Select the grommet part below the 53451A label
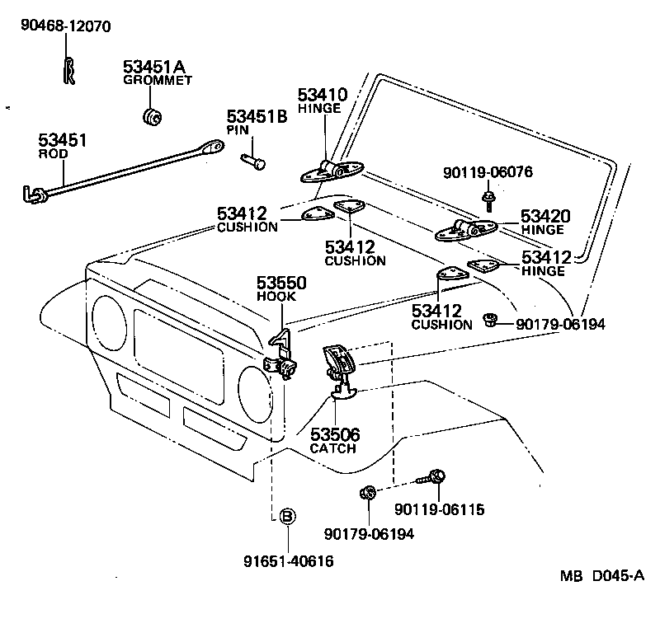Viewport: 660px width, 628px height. pyautogui.click(x=151, y=116)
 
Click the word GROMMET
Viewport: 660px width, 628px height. pyautogui.click(x=158, y=80)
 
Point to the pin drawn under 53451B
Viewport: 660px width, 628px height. pyautogui.click(x=253, y=160)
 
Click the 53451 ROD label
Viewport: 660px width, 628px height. pyautogui.click(x=62, y=145)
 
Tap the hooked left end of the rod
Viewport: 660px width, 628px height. pyautogui.click(x=34, y=194)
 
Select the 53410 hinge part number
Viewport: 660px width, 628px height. pyautogui.click(x=323, y=95)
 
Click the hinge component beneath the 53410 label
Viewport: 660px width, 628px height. pyautogui.click(x=331, y=171)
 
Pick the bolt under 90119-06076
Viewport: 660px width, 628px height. pyautogui.click(x=489, y=198)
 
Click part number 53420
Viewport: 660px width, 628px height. pyautogui.click(x=545, y=217)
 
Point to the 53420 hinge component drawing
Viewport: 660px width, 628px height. pyautogui.click(x=467, y=230)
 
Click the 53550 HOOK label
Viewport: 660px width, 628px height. pyautogui.click(x=280, y=288)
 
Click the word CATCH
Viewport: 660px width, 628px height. pyautogui.click(x=332, y=448)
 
